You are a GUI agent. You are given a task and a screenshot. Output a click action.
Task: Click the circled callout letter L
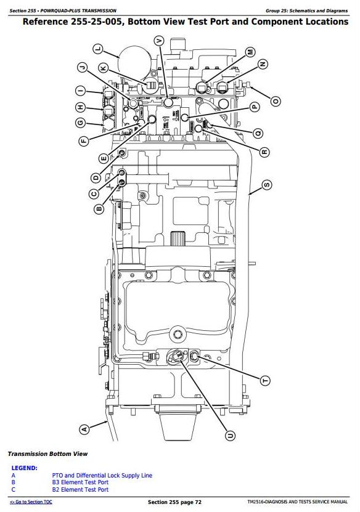[x=98, y=49]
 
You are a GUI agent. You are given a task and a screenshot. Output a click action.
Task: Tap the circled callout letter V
[x=159, y=41]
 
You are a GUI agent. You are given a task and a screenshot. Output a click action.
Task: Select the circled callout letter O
[x=276, y=101]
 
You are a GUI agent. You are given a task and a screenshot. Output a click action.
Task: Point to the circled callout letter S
[x=267, y=185]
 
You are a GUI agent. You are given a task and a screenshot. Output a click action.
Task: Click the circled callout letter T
[x=265, y=380]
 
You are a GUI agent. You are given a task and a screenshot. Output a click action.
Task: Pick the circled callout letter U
[x=231, y=435]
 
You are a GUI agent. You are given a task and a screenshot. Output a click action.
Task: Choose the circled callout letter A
[x=84, y=429]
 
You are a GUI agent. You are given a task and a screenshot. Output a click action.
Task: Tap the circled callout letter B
[x=99, y=208]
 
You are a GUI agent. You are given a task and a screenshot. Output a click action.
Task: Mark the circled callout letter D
[x=96, y=177]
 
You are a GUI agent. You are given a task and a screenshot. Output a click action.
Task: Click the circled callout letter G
[x=80, y=123]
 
